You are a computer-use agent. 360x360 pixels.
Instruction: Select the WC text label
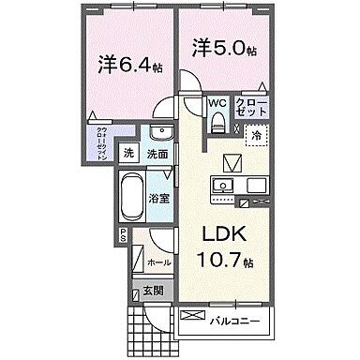(x=217, y=103)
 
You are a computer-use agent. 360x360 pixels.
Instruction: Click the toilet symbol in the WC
(x=217, y=120)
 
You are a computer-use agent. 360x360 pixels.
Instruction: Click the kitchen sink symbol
(x=225, y=186)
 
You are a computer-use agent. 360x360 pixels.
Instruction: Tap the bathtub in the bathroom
(x=142, y=197)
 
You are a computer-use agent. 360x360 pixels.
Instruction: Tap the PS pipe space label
(x=122, y=238)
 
